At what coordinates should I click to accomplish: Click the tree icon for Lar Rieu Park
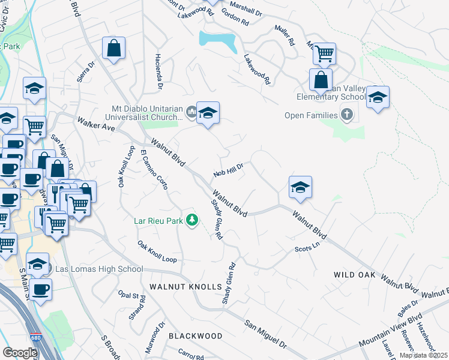pos(192,221)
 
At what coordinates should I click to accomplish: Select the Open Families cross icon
pos(346,114)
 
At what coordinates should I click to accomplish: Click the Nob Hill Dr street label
pos(228,170)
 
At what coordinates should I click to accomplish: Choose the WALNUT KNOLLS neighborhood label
pos(185,287)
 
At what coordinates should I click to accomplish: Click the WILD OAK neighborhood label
pos(355,275)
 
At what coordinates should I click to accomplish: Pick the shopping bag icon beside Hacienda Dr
pos(113,49)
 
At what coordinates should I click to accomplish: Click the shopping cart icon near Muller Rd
pos(324,54)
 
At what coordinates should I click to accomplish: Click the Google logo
pos(20,352)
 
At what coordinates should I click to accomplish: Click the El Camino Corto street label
pos(153,169)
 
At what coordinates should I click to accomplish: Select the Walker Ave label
pos(95,124)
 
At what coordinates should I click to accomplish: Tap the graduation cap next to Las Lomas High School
pos(37,263)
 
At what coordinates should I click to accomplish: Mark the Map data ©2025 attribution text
pos(424,356)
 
